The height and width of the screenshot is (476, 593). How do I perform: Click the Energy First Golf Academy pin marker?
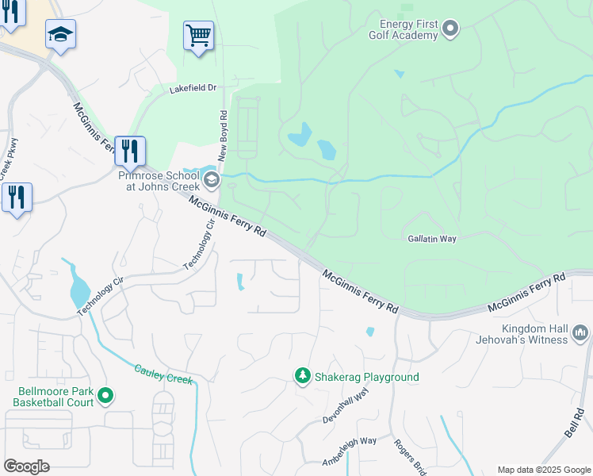tap(451, 30)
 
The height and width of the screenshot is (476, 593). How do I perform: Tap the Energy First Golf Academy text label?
tap(404, 29)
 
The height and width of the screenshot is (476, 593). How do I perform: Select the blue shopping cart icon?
tap(198, 36)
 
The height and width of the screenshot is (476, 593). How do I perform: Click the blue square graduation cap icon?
tap(60, 34)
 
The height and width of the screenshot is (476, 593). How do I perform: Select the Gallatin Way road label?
tap(432, 238)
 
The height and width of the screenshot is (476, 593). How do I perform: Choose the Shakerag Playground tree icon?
tap(302, 376)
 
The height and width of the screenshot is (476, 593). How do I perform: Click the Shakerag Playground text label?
tap(366, 377)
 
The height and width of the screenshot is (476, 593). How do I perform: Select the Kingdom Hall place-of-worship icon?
tap(580, 332)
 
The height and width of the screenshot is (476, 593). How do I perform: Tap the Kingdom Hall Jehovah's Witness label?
tap(535, 334)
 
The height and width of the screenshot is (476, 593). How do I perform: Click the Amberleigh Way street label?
tap(349, 451)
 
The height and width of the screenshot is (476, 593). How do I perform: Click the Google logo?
tap(26, 466)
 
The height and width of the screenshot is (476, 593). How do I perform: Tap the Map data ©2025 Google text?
tap(543, 470)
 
